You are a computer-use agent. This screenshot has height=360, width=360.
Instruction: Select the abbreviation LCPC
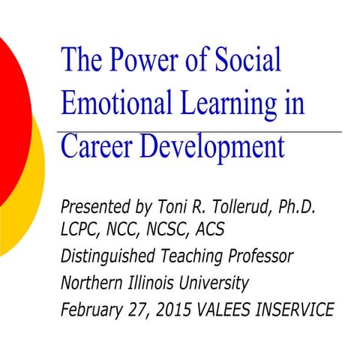click(82, 228)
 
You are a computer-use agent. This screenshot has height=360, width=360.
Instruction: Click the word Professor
click(256, 256)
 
